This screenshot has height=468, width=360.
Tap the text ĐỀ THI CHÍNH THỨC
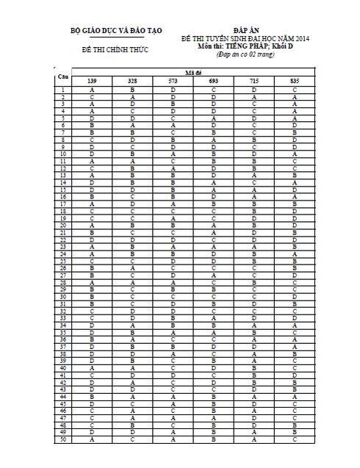(x=115, y=50)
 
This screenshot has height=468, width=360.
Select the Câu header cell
(x=64, y=76)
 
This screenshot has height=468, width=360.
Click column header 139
(x=92, y=80)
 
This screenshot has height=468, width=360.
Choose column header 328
(x=132, y=80)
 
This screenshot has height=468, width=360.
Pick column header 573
(x=173, y=80)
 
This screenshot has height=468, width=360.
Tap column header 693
(x=213, y=80)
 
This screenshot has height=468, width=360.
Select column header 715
(x=253, y=80)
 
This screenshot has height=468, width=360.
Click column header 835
(x=294, y=80)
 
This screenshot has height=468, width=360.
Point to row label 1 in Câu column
(x=64, y=89)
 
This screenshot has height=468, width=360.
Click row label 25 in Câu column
(x=64, y=261)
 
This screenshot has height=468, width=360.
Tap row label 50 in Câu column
(x=64, y=440)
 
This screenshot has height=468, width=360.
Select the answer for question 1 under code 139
(x=92, y=89)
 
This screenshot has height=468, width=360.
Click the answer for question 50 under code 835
(x=294, y=440)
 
